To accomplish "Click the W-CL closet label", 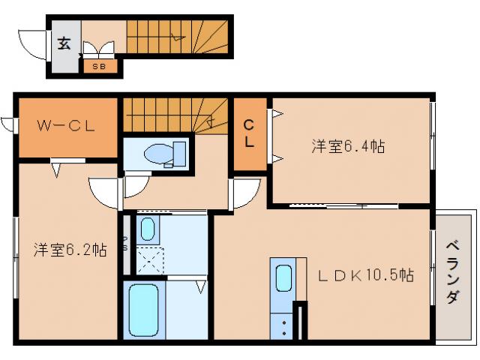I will [x=67, y=126].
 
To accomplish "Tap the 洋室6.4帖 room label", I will [x=348, y=147].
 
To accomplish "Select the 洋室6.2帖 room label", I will [x=69, y=250].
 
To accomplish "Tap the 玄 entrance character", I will [x=64, y=43].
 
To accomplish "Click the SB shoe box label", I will [x=99, y=67].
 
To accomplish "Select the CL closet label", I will [x=248, y=133].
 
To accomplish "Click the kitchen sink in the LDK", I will [x=283, y=277].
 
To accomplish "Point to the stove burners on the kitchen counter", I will [x=285, y=325].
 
